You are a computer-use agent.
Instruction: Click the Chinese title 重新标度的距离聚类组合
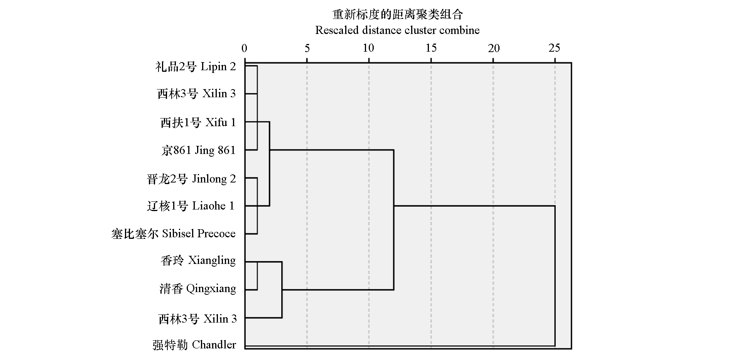[x=398, y=15]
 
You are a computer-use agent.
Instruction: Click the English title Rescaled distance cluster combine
[x=397, y=30]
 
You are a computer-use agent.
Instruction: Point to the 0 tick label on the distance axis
[x=244, y=48]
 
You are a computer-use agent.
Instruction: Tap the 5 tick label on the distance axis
[x=307, y=48]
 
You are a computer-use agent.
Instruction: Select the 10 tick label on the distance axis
[x=369, y=48]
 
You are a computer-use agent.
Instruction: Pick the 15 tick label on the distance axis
[x=431, y=48]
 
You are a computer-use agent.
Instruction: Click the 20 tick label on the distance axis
[x=494, y=48]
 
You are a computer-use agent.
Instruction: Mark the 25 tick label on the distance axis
[x=555, y=48]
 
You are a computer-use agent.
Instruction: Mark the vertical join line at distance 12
[x=393, y=220]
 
